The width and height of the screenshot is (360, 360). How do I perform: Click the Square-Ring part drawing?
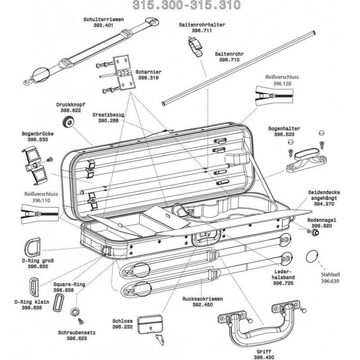[58, 303]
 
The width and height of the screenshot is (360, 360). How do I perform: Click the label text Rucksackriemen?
[201, 298]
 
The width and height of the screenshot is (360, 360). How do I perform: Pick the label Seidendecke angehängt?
[324, 195]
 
